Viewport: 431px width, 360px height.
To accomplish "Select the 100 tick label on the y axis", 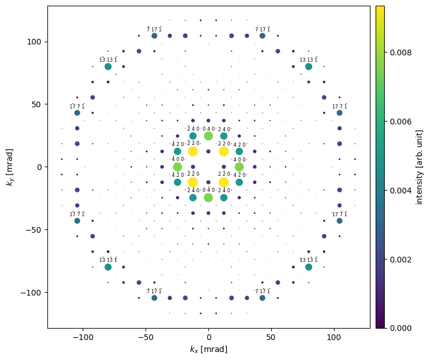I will click(x=35, y=42).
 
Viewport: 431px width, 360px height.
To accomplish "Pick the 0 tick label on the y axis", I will click(x=40, y=167).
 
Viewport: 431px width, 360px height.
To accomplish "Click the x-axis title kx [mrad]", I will click(x=208, y=349).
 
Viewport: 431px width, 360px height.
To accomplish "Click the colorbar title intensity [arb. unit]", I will click(x=420, y=167).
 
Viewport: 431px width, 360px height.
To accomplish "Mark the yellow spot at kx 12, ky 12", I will click(x=224, y=151).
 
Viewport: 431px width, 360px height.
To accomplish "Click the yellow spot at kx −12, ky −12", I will click(x=193, y=183).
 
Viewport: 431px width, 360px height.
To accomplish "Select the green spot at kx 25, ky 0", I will click(x=239, y=167).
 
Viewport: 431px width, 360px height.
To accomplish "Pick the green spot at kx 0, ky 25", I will click(x=208, y=136).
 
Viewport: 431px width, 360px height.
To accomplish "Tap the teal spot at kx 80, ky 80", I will click(x=309, y=67).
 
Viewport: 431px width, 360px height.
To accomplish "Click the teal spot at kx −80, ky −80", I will click(x=108, y=267).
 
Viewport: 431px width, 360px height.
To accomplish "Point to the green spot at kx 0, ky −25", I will click(x=208, y=198).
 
